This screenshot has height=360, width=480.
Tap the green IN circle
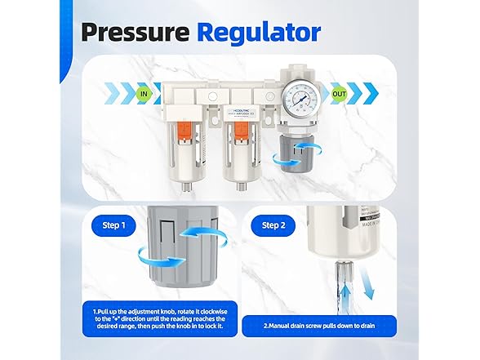click(145, 95)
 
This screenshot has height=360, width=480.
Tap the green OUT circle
click(337, 95)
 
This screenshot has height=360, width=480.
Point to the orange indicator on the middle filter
click(241, 127)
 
